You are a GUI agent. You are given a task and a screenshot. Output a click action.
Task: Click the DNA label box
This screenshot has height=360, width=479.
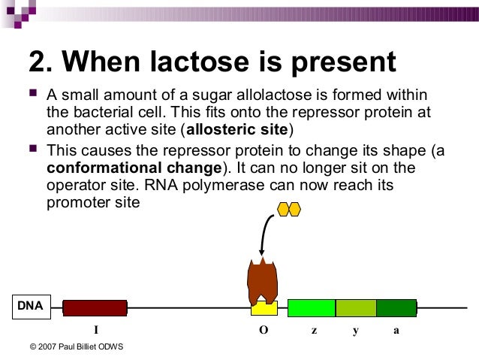tap(30, 306)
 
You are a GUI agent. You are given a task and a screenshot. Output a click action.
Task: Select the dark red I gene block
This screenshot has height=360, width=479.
tap(95, 307)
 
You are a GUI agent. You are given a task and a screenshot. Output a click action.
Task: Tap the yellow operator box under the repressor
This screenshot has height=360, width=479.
tap(264, 308)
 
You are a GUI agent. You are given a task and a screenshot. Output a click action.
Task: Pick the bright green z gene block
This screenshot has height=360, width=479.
tap(311, 307)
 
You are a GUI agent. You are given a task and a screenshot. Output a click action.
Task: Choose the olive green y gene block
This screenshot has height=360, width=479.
tap(355, 307)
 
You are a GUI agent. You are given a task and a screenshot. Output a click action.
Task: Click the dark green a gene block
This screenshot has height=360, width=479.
tap(396, 307)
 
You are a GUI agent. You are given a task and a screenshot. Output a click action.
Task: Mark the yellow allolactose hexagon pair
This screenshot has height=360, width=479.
tap(288, 209)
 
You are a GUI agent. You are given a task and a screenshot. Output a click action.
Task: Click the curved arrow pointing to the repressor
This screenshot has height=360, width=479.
tap(265, 229)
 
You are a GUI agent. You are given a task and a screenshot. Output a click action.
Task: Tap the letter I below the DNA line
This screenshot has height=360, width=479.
tap(95, 330)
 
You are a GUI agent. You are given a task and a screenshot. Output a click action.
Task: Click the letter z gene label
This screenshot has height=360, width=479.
tap(314, 330)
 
